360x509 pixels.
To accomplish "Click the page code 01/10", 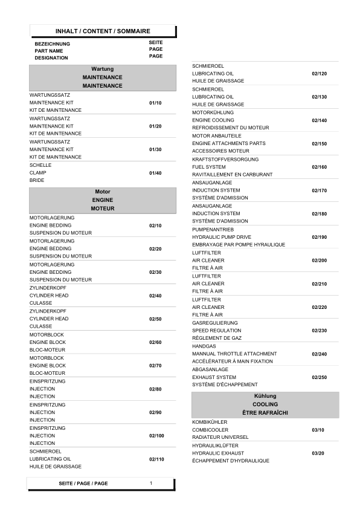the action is [155, 103].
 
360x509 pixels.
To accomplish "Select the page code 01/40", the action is [155, 173].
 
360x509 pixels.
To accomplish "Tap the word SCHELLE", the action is [40, 165].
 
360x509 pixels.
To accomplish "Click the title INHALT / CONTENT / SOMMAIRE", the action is [103, 31].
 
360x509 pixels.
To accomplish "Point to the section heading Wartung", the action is [103, 70].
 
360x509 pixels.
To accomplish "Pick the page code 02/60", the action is [155, 342].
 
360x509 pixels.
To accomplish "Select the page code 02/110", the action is [156, 459].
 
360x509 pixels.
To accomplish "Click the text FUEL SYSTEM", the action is [209, 167].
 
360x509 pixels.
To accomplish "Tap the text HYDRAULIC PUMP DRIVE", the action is [222, 238].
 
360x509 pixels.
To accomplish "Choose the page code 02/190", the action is [320, 238].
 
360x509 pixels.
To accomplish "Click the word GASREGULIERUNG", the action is [215, 323].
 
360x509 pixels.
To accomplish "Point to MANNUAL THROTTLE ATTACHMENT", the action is [234, 354].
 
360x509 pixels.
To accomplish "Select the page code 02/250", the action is [320, 377].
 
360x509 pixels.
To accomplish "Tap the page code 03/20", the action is [318, 453].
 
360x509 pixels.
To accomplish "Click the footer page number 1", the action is [151, 483].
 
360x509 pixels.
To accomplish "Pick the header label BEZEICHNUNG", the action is [52, 44].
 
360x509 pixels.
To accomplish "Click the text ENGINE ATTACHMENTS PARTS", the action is [229, 144].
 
